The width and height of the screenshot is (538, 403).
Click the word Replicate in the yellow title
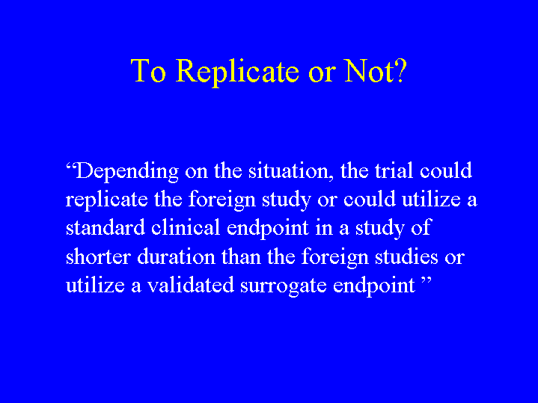(x=237, y=72)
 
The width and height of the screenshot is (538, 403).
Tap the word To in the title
(x=148, y=70)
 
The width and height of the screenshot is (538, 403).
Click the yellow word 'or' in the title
(x=323, y=74)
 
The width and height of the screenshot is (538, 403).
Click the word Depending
(x=127, y=171)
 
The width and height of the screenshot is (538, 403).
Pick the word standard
(x=106, y=227)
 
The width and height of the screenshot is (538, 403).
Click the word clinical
(x=186, y=227)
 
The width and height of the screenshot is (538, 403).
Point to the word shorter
(x=98, y=256)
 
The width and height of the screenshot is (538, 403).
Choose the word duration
(x=176, y=256)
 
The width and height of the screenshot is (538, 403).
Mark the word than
(x=241, y=256)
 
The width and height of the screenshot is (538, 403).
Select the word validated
(x=191, y=285)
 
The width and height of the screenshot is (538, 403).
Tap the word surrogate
(x=284, y=286)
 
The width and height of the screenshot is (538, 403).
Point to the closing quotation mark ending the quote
(x=426, y=281)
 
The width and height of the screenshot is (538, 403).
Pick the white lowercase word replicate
(x=107, y=200)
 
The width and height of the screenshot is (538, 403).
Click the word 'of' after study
(x=421, y=227)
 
